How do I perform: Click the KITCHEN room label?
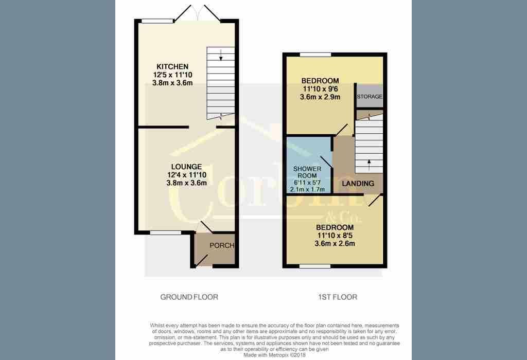click(x=172, y=66)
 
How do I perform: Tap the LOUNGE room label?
click(x=186, y=167)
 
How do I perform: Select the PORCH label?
click(x=222, y=245)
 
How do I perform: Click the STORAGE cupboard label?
click(x=370, y=96)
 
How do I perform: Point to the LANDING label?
click(x=358, y=184)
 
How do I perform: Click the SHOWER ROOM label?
click(x=307, y=172)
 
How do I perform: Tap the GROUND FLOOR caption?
click(x=189, y=297)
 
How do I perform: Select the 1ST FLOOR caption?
click(x=338, y=297)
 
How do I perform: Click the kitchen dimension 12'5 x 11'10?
click(x=173, y=75)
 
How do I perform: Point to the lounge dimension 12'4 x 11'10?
click(x=186, y=175)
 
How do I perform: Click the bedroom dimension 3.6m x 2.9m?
click(x=320, y=97)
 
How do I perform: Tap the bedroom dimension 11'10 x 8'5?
click(x=335, y=236)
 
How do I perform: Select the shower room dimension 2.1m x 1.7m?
click(x=307, y=189)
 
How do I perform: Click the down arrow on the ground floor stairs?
click(x=221, y=55)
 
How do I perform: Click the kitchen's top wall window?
click(x=157, y=21)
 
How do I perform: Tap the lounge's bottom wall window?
click(x=165, y=232)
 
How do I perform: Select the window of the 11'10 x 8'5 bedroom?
click(x=315, y=266)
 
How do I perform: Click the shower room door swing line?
click(x=326, y=162)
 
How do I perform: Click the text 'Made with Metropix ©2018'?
click(x=275, y=355)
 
